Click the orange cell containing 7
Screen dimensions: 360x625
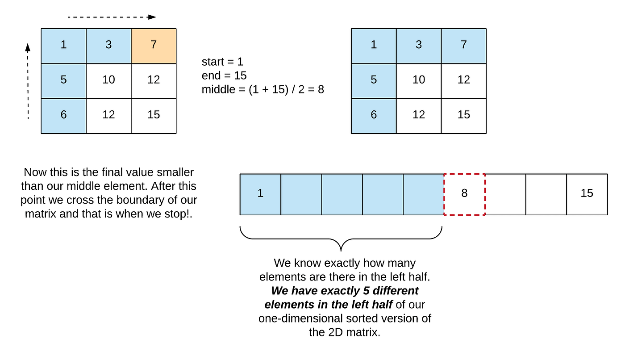coord(154,46)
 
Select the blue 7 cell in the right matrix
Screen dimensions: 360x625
coord(463,46)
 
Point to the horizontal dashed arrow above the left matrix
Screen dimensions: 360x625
coord(112,17)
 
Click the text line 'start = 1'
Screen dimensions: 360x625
coord(222,62)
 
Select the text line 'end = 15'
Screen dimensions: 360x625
coord(224,75)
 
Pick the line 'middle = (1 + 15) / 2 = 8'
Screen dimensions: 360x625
coord(262,89)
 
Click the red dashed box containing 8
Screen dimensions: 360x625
coord(464,194)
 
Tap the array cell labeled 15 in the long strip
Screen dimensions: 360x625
coord(587,194)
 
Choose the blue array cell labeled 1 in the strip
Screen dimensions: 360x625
coord(260,194)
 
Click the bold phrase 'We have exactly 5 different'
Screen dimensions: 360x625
coord(345,291)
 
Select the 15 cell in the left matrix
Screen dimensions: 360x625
coord(154,115)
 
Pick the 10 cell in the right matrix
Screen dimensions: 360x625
coord(418,80)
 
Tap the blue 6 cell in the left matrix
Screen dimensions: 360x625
coord(63,115)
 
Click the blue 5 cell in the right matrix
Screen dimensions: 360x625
coord(374,80)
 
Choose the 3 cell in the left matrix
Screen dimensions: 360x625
coord(108,46)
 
